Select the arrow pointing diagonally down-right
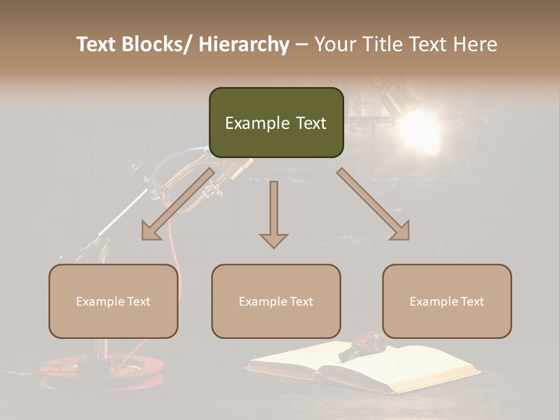[374, 204]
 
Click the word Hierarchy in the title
[244, 44]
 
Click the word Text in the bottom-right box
[472, 302]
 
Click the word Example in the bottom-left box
[100, 302]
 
